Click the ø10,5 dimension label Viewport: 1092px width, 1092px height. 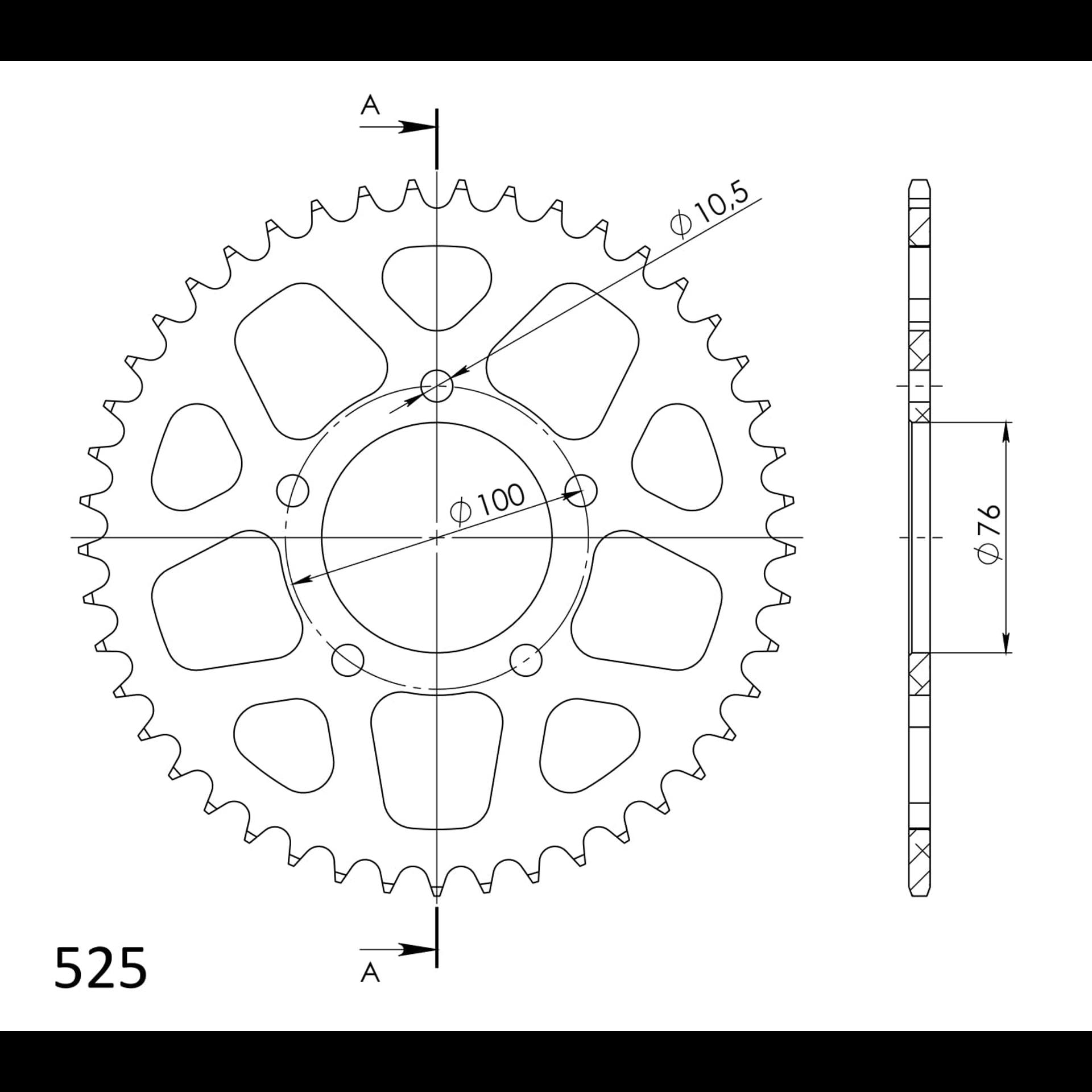tap(708, 209)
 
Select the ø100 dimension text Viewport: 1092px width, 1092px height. tap(487, 503)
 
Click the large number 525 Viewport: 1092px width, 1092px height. tap(101, 969)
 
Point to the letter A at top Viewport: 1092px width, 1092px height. tap(370, 105)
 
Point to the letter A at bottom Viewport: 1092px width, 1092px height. tap(370, 973)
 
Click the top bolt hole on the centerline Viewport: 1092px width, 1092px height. tap(436, 386)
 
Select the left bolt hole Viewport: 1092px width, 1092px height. tap(292, 490)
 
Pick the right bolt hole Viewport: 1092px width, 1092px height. tap(581, 490)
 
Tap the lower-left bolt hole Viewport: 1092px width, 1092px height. tap(348, 660)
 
